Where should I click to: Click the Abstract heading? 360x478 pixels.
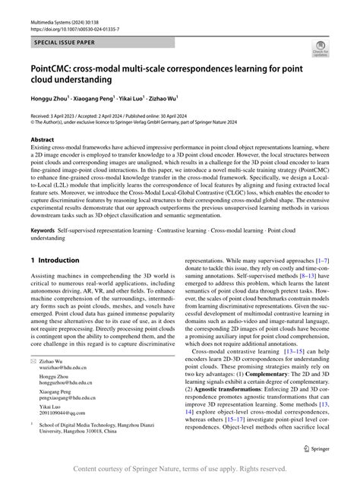coord(42,141)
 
